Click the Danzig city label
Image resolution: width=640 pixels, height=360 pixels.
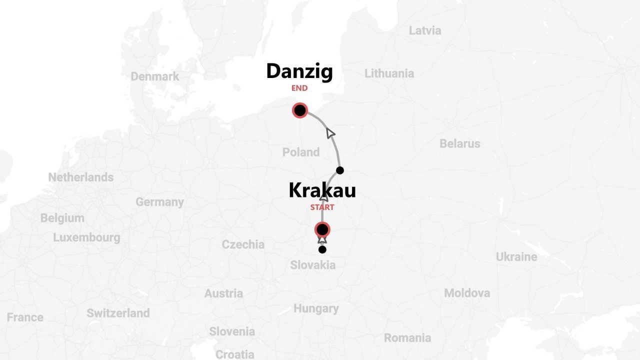[299, 71]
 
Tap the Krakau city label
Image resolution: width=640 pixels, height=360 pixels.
[322, 190]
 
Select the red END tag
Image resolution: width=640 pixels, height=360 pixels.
[299, 88]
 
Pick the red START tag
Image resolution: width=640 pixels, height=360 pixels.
[322, 207]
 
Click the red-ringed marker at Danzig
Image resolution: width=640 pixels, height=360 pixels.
[300, 110]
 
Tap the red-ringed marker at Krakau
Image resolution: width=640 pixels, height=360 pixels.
[322, 230]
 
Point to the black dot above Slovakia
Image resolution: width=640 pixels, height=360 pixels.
[322, 249]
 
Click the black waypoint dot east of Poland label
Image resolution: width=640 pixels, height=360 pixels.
[340, 170]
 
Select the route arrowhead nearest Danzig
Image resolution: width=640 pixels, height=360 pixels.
[330, 133]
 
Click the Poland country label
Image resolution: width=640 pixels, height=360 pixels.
[301, 152]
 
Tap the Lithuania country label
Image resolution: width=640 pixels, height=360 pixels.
[389, 73]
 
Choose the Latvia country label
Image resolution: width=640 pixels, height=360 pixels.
[425, 30]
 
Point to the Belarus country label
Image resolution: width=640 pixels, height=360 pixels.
[459, 143]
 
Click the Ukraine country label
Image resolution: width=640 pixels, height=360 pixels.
[516, 257]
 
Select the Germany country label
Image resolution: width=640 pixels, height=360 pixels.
[159, 202]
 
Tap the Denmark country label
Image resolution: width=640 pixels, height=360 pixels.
[154, 76]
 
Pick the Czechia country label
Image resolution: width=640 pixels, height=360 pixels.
[243, 244]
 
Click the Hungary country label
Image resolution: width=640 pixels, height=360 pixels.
[316, 308]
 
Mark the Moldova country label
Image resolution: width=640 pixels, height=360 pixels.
[466, 293]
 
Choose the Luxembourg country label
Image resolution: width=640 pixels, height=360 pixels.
[86, 237]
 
